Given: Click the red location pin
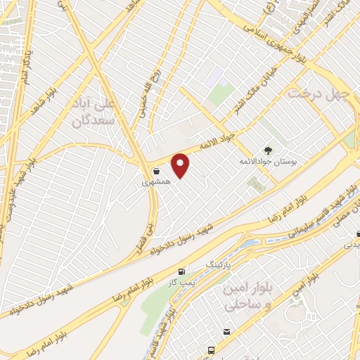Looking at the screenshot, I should pos(181,166).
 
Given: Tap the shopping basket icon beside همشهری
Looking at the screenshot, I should pos(155,171).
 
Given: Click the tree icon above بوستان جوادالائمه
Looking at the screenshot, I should pos(267,150).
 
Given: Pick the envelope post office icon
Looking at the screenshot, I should pos(226,332).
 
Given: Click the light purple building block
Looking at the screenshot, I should pos(214,77).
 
